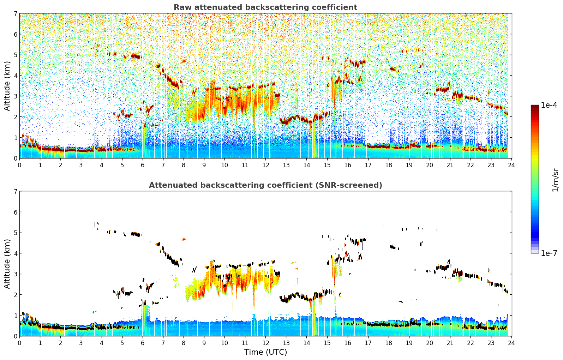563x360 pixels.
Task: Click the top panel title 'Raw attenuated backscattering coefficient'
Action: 265,7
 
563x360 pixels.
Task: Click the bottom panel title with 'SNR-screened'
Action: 265,185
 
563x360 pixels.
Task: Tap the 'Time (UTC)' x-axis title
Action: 265,352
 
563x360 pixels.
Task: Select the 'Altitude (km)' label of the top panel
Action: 7,86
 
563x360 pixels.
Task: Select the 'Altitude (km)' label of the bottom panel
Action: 7,264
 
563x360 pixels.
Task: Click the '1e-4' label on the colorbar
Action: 549,105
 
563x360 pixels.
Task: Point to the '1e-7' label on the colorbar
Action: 549,253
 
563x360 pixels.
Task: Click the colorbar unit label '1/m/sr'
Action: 555,179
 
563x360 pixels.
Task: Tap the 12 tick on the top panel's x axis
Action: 265,165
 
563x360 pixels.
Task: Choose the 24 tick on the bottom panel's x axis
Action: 511,343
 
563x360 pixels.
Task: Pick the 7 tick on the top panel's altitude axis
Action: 15,14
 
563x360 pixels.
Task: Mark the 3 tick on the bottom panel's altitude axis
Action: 15,274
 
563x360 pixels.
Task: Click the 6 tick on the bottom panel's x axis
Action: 143,343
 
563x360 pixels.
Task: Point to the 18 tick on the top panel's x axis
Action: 389,165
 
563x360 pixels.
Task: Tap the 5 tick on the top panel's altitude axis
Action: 15,55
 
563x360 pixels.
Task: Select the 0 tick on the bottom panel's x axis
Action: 19,343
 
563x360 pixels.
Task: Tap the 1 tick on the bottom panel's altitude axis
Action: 15,316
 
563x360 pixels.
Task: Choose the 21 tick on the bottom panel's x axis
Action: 450,343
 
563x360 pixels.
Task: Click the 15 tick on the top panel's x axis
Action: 327,165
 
